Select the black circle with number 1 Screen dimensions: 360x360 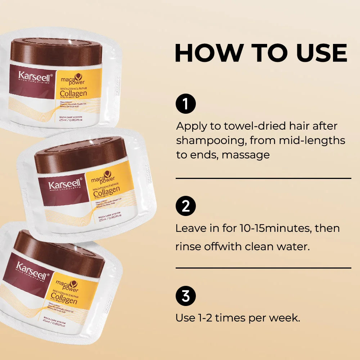(186, 104)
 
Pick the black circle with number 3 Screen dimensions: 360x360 (186, 296)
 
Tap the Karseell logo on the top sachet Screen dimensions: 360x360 (35, 76)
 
